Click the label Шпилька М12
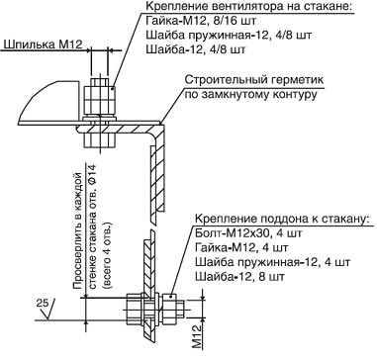(x=41, y=45)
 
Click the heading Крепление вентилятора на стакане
(x=249, y=7)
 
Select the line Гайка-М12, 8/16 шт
(x=201, y=21)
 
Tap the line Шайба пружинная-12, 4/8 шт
(x=229, y=35)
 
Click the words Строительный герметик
(x=254, y=80)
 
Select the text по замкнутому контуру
(x=250, y=94)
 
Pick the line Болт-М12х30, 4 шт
(x=248, y=233)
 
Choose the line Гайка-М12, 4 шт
(x=241, y=247)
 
